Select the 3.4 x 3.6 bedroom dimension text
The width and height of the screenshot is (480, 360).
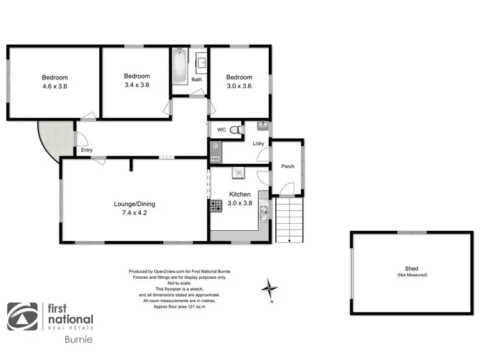pyautogui.click(x=136, y=84)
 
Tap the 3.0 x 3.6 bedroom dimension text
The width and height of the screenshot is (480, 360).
pyautogui.click(x=239, y=86)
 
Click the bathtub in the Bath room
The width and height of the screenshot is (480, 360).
pyautogui.click(x=180, y=66)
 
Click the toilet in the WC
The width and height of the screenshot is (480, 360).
pyautogui.click(x=237, y=130)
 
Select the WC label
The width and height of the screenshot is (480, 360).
pyautogui.click(x=221, y=130)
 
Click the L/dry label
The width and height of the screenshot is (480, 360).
pyautogui.click(x=259, y=144)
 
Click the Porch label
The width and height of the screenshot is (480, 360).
pyautogui.click(x=287, y=166)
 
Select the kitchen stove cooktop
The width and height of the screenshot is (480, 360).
pyautogui.click(x=216, y=206)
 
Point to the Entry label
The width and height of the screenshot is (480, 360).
pyautogui.click(x=86, y=150)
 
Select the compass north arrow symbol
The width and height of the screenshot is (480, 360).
pyautogui.click(x=270, y=288)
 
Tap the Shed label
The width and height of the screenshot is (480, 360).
pyautogui.click(x=411, y=269)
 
